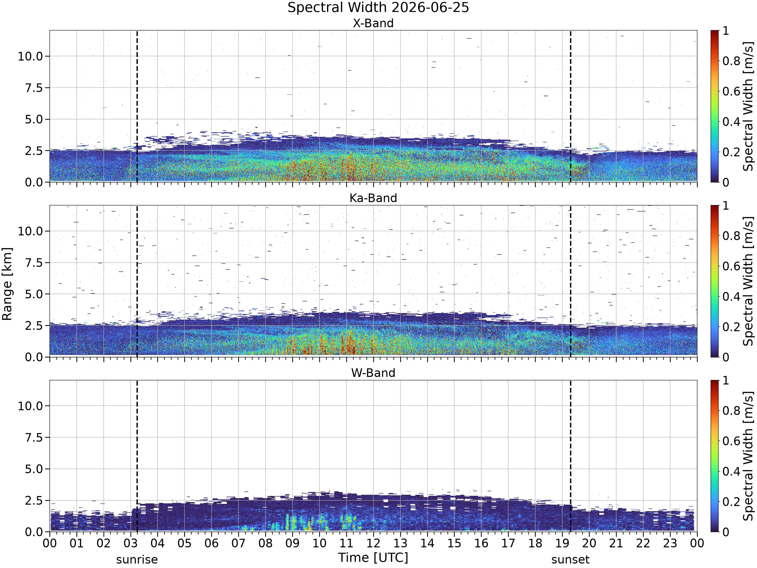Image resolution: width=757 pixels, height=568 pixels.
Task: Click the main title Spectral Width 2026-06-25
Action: click(378, 8)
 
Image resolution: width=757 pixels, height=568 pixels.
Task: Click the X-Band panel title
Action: click(373, 23)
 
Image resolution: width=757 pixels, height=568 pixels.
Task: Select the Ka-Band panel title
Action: click(373, 198)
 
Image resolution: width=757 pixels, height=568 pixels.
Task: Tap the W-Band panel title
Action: click(373, 373)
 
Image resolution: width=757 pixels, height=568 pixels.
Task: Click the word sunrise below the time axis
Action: click(137, 560)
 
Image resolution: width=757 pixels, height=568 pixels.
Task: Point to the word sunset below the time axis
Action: click(571, 560)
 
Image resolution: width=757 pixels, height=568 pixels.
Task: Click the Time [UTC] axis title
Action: click(373, 558)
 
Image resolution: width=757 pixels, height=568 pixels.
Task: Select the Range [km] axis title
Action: click(7, 284)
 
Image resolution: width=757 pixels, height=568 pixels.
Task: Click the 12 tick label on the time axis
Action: click(373, 543)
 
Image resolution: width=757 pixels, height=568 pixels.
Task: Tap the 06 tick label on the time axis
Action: click(211, 543)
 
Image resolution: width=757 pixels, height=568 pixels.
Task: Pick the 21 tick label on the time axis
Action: click(616, 543)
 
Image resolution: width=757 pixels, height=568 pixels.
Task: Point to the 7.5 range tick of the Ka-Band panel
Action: click(34, 263)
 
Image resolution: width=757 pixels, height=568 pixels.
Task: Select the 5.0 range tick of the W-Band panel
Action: click(34, 469)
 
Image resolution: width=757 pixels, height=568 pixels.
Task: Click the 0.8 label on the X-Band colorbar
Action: click(731, 61)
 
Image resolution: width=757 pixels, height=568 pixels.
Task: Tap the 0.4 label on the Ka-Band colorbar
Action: click(731, 297)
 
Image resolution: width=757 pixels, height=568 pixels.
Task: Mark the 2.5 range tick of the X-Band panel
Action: click(34, 151)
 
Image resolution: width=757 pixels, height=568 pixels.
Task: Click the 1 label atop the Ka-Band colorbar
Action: click(725, 206)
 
